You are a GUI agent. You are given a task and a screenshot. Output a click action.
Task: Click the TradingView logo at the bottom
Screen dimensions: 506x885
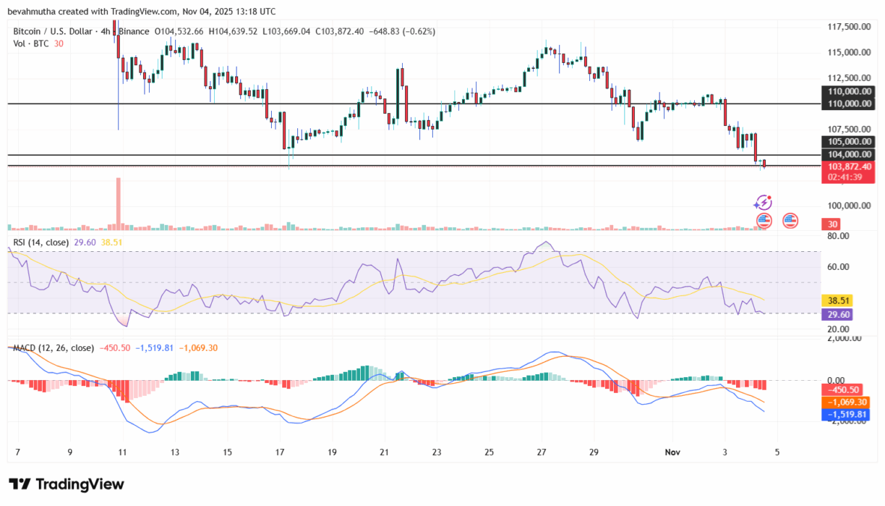click(x=67, y=484)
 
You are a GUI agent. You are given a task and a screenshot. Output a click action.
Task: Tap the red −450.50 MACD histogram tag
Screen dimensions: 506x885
click(x=843, y=389)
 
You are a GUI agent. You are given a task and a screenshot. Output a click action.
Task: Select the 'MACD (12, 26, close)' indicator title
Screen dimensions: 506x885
click(x=52, y=348)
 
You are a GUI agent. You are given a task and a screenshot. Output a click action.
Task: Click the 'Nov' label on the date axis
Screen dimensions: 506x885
click(x=673, y=452)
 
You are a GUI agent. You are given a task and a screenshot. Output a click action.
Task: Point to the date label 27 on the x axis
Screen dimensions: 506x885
click(x=540, y=452)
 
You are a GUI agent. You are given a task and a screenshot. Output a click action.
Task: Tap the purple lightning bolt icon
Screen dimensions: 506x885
click(x=763, y=203)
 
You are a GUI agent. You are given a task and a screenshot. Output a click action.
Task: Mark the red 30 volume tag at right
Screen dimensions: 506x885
click(x=833, y=225)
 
